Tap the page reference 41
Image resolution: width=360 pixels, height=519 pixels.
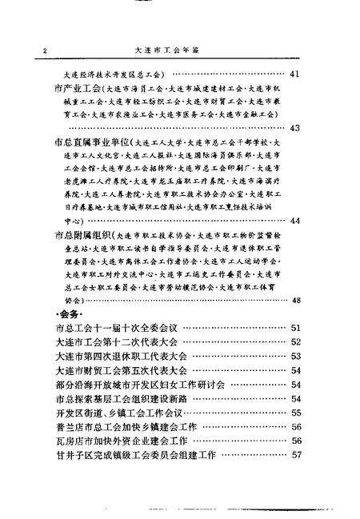pos(295,75)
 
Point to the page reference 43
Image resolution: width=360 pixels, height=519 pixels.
pos(295,127)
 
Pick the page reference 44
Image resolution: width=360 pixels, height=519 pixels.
pos(295,221)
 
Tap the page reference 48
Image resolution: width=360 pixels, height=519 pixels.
pos(295,300)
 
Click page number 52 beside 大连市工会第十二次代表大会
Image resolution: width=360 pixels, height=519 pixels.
pos(295,342)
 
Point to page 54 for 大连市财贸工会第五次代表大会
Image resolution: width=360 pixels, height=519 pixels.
pos(295,371)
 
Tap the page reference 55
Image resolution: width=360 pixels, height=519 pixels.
pos(295,413)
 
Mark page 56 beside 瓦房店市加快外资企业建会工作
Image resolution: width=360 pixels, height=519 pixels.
pos(295,441)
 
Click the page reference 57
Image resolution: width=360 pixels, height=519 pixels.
pos(295,456)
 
